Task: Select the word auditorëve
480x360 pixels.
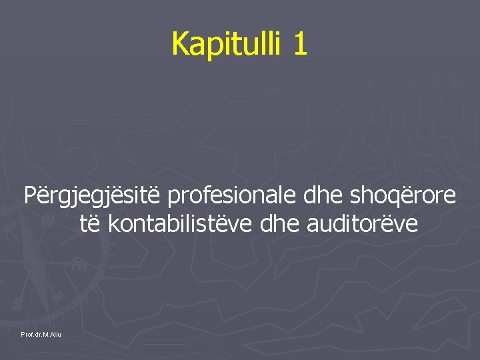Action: coord(363,225)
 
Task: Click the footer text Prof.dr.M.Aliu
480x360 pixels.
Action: coord(41,333)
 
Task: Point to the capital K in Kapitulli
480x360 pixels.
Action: coord(179,43)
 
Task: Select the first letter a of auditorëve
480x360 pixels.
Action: coord(313,226)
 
